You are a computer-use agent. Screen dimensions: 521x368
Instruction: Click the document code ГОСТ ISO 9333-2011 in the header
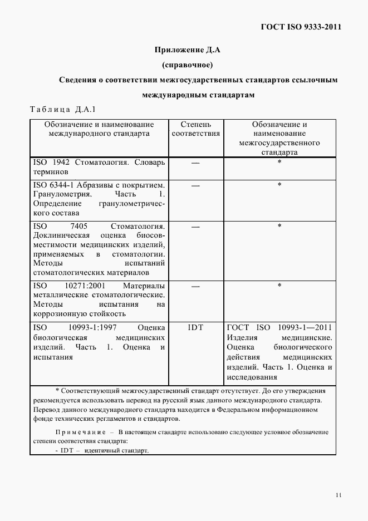click(301, 27)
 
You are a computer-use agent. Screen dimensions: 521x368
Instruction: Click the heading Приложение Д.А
click(188, 50)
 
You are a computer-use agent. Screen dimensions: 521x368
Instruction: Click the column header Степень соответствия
click(195, 129)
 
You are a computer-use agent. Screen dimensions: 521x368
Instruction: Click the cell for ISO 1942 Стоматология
click(99, 168)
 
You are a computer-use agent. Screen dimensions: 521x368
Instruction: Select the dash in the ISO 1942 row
click(195, 163)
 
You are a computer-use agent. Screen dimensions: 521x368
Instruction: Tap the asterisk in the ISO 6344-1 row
click(279, 185)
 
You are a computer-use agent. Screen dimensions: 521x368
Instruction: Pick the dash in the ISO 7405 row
click(195, 227)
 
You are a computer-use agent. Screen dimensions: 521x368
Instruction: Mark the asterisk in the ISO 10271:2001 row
click(279, 286)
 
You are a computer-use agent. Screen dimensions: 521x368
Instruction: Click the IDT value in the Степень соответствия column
click(195, 327)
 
